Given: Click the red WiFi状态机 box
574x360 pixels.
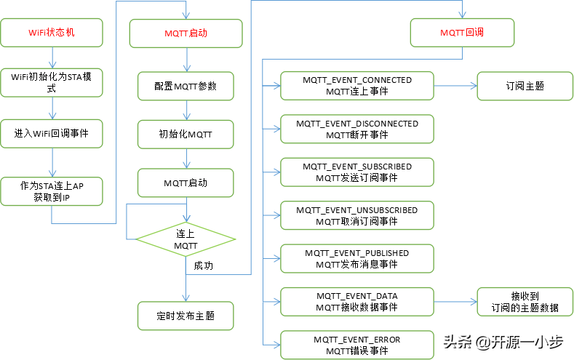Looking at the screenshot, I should pyautogui.click(x=52, y=33).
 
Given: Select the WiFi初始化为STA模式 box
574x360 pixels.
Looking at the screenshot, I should pyautogui.click(x=52, y=81).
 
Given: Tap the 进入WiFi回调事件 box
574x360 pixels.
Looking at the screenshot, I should pyautogui.click(x=52, y=133).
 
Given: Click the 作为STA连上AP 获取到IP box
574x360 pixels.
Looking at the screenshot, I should pyautogui.click(x=52, y=191).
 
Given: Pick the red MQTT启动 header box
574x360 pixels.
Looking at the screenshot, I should pyautogui.click(x=186, y=33).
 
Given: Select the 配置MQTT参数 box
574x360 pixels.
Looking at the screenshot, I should pyautogui.click(x=186, y=86).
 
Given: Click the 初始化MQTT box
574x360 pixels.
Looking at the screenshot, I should pyautogui.click(x=186, y=134).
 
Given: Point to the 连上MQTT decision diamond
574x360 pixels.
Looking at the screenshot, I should pyautogui.click(x=186, y=239).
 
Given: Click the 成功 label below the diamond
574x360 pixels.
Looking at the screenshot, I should pyautogui.click(x=204, y=266).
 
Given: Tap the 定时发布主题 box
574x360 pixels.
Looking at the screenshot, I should pyautogui.click(x=186, y=316).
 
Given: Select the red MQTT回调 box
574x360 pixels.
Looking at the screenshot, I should pyautogui.click(x=462, y=33).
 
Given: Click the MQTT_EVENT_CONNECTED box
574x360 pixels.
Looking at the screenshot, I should pyautogui.click(x=357, y=86).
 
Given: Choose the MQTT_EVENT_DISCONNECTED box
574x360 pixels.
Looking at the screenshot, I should pyautogui.click(x=357, y=129).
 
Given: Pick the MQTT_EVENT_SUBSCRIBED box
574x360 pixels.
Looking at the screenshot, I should pyautogui.click(x=357, y=172).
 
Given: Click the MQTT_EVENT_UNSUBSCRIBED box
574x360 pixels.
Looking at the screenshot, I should pyautogui.click(x=357, y=215).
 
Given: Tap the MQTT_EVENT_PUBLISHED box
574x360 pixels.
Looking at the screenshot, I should pyautogui.click(x=357, y=258).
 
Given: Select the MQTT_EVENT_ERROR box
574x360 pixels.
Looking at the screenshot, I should pyautogui.click(x=357, y=345).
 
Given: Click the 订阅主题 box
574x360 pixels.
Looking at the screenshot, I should pyautogui.click(x=525, y=86).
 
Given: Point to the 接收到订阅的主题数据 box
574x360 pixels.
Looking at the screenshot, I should pyautogui.click(x=525, y=302).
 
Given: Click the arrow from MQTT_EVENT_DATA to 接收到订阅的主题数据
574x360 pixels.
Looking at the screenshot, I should pyautogui.click(x=455, y=302).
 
